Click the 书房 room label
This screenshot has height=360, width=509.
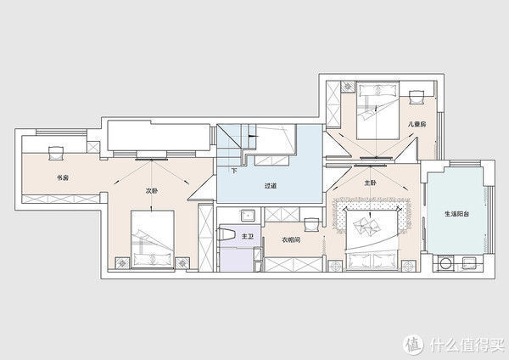point(63,177)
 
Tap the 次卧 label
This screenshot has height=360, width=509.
point(152,191)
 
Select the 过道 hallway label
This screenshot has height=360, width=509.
point(270,186)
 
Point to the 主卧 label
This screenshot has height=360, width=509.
point(370,183)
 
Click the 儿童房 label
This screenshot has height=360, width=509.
point(417,124)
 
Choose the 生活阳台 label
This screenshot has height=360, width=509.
point(456,214)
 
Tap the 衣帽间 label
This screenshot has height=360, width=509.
point(291,239)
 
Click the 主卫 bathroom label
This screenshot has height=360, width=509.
point(248,237)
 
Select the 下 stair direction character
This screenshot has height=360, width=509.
point(234,171)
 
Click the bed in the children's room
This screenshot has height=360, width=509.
point(378,110)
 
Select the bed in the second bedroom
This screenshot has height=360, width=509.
point(152,239)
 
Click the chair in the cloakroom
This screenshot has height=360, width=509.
point(312,224)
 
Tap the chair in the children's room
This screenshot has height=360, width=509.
point(417,97)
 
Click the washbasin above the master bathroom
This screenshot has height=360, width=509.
point(248,215)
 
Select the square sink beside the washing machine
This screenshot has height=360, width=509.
point(469,263)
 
